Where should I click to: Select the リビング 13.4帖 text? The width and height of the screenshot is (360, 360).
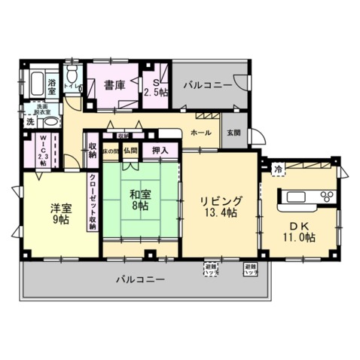click(x=221, y=207)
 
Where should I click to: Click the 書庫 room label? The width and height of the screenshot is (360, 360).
click(x=114, y=85)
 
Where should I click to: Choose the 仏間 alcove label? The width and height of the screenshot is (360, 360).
click(x=132, y=151)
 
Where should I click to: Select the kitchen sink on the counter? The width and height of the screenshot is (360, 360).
click(x=295, y=197)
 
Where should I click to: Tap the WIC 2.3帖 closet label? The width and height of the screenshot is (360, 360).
click(x=42, y=151)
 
